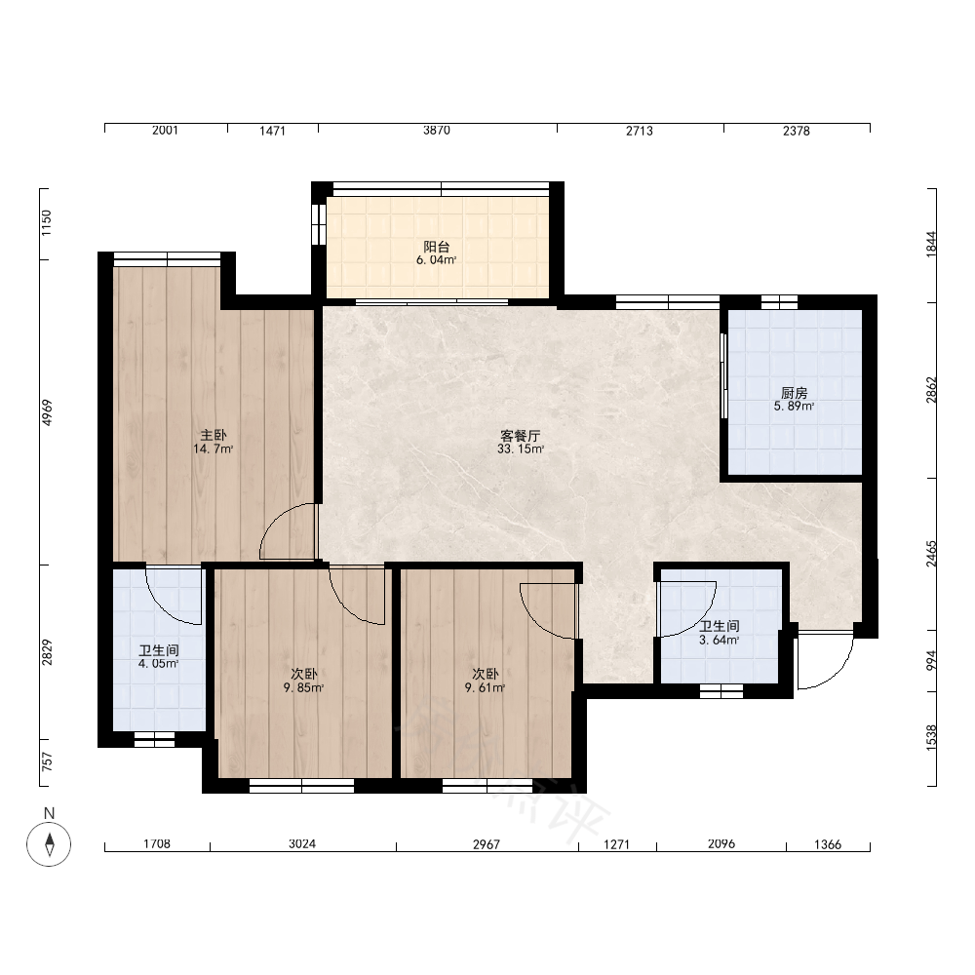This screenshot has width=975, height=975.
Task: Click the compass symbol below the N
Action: [x=49, y=843]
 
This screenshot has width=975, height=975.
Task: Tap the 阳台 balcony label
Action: [x=437, y=247]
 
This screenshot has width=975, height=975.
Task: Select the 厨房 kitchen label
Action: [x=794, y=393]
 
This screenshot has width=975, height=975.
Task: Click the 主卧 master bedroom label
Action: [x=214, y=435]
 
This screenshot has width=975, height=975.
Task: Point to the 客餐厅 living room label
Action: [x=521, y=436]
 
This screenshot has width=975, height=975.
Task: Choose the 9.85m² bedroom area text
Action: [x=303, y=687]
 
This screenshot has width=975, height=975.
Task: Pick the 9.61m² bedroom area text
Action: [x=485, y=687]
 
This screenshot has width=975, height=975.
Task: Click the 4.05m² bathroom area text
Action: [x=159, y=663]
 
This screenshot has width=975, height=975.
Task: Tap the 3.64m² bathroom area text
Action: [x=720, y=640]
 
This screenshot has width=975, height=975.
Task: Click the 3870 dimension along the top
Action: [x=437, y=131]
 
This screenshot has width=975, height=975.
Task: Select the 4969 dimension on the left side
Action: [x=47, y=412]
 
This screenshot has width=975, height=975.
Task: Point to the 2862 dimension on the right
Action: [x=931, y=390]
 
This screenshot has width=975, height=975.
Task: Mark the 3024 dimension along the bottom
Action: [x=302, y=843]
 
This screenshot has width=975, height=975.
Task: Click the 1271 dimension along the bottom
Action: [x=617, y=844]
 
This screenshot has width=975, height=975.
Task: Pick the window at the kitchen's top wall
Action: [x=779, y=302]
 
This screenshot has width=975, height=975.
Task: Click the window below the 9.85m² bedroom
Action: [x=301, y=786]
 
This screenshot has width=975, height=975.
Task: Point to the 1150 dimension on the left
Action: [x=47, y=223]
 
